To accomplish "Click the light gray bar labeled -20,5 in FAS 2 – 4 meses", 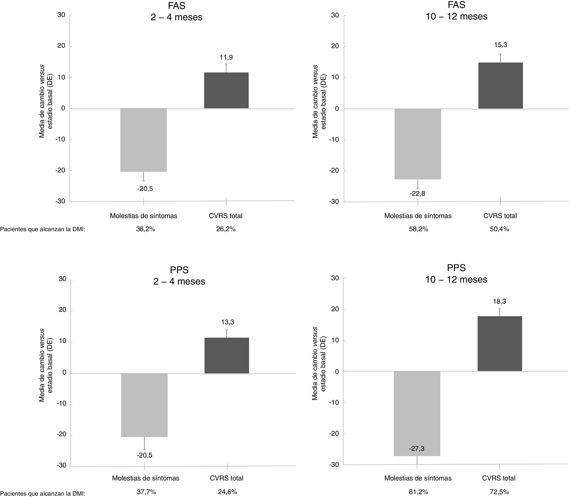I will pyautogui.click(x=143, y=140).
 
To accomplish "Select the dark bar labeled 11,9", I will pyautogui.click(x=226, y=90).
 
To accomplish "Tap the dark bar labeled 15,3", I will pyautogui.click(x=500, y=86).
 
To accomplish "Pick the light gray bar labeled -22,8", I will pyautogui.click(x=418, y=144).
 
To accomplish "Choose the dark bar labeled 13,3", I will pyautogui.click(x=226, y=356).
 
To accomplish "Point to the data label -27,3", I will pyautogui.click(x=417, y=449).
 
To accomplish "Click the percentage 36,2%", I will pyautogui.click(x=145, y=229).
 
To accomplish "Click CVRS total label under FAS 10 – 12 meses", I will pyautogui.click(x=500, y=216).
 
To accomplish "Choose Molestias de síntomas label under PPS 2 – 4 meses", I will pyautogui.click(x=146, y=478).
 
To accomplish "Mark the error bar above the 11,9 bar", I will pyautogui.click(x=226, y=68).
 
